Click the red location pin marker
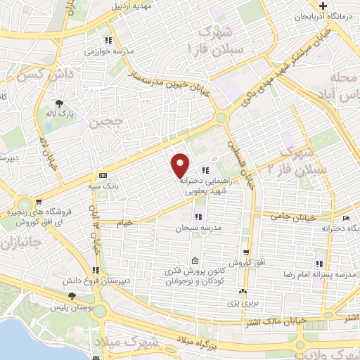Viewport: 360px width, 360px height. point(181,165)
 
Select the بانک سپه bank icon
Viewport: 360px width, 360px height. point(104,174)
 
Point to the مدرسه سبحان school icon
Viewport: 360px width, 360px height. point(198,217)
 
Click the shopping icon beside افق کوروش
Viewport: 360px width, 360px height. point(245,252)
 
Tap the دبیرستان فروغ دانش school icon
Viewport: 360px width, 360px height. point(96,270)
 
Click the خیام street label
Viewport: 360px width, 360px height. point(124,223)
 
